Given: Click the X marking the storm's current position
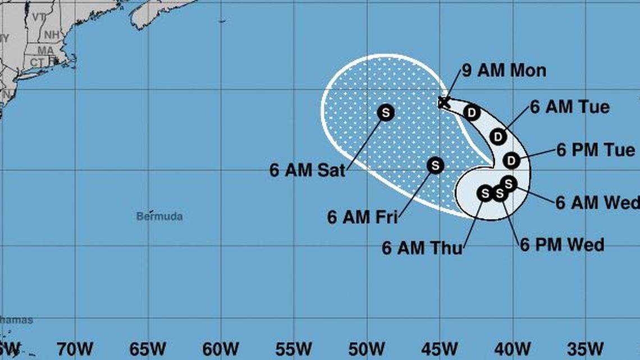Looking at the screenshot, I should tap(444, 102).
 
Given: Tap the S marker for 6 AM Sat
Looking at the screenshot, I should tap(386, 112).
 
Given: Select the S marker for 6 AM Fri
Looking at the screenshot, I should tap(435, 165).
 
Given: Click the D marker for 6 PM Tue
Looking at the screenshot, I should tap(511, 161).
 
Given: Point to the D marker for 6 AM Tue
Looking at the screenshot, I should tap(497, 136).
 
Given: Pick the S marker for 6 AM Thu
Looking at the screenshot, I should tap(484, 193).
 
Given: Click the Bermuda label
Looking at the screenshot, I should tap(159, 216).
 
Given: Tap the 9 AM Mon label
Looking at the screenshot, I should tap(504, 71).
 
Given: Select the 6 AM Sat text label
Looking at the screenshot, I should tap(307, 171).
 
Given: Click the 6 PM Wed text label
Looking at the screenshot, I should tap(562, 245).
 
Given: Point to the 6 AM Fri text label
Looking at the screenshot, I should tap(362, 217).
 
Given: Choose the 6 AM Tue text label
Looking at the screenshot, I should tap(570, 107).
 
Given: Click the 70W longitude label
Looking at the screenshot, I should tap(74, 349).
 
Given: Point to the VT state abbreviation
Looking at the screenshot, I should tap(38, 17).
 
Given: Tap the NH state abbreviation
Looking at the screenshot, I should tap(52, 35).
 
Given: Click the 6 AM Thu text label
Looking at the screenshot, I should tap(422, 248).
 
